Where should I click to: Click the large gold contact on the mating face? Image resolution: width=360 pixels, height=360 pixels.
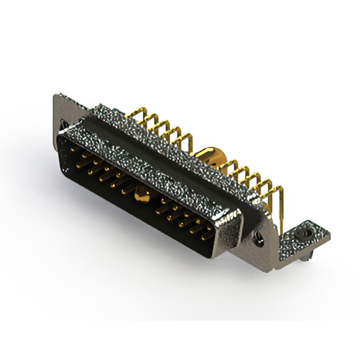pyautogui.click(x=139, y=196)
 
